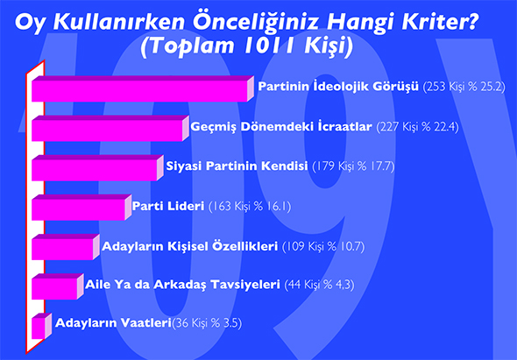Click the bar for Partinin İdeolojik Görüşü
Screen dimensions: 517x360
point(143,88)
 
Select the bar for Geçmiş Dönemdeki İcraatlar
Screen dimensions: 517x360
point(110,128)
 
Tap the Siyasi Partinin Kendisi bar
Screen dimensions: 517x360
point(97,168)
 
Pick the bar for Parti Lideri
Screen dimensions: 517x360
point(81,208)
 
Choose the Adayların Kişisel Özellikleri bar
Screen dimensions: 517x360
point(66,247)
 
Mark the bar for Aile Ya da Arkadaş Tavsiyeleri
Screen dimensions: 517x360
point(58,286)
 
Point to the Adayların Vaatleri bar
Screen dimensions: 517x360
point(41,326)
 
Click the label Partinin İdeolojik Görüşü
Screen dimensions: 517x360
point(338,87)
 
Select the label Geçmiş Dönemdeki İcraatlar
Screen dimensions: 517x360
point(281,127)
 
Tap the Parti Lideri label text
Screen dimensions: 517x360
point(168,206)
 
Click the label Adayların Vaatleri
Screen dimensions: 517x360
point(113,322)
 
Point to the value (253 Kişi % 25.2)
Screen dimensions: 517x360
point(464,87)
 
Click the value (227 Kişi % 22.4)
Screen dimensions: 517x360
point(417,127)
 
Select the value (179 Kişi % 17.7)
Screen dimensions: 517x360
point(353,166)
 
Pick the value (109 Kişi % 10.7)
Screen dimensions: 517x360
point(323,247)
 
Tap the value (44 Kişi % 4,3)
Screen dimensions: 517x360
point(319,285)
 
